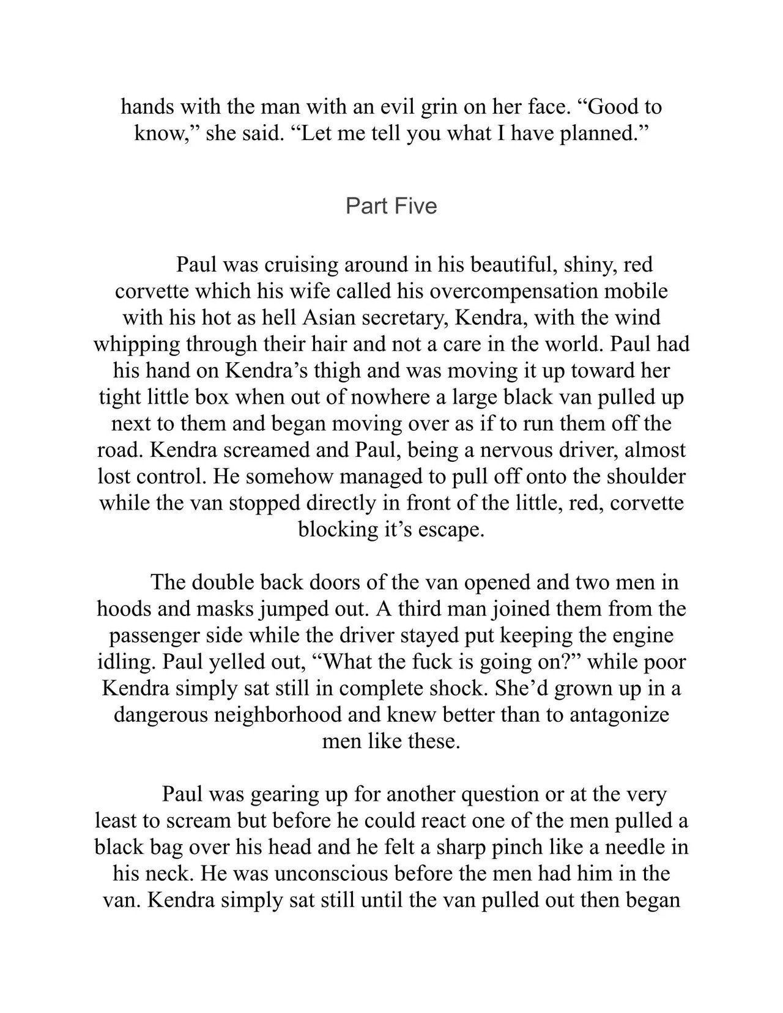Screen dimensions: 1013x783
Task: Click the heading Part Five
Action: [x=391, y=206]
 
